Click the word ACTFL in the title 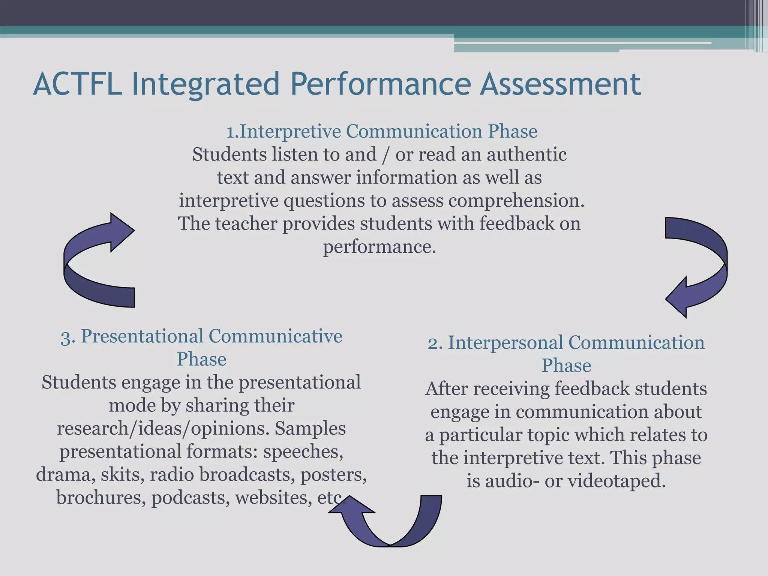pos(77,84)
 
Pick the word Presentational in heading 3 pos(142,336)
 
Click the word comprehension pos(516,201)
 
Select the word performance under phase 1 pos(379,247)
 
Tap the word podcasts pos(190,498)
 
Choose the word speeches pos(303,451)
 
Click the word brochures pos(101,498)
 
